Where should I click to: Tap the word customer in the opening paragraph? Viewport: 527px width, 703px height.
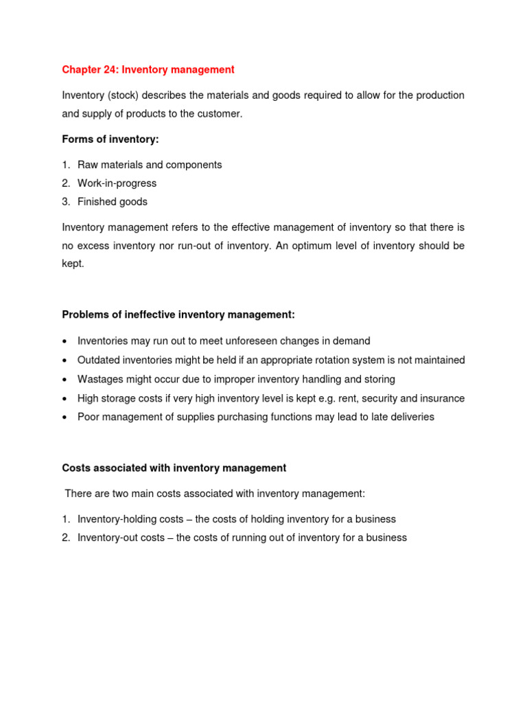[x=219, y=114]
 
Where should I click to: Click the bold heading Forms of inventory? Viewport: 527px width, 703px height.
[x=110, y=139]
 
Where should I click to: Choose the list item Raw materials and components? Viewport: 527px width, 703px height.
[x=150, y=165]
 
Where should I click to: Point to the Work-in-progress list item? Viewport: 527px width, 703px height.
[x=117, y=183]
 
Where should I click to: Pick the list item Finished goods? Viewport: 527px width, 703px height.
[x=113, y=202]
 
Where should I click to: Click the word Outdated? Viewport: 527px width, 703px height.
[x=99, y=360]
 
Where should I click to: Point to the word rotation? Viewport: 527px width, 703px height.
[x=350, y=360]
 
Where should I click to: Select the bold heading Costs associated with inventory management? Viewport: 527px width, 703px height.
[x=174, y=468]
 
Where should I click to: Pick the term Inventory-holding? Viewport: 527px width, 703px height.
[x=117, y=519]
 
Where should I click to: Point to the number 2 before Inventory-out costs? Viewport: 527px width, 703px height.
[x=66, y=538]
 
